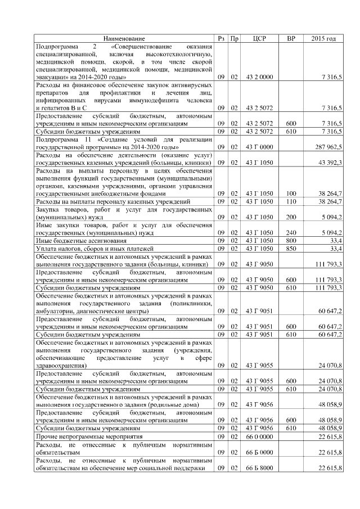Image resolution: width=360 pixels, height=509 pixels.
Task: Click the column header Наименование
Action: pyautogui.click(x=124, y=38)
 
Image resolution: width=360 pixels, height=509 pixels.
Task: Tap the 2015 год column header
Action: pyautogui.click(x=323, y=38)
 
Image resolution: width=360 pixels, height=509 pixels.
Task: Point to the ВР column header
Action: pyautogui.click(x=291, y=38)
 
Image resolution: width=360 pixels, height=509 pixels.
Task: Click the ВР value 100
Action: pyautogui.click(x=291, y=193)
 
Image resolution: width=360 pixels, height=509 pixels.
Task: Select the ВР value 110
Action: pyautogui.click(x=291, y=201)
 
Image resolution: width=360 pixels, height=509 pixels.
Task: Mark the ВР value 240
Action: pyautogui.click(x=291, y=232)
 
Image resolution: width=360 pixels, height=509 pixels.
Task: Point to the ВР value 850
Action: pyautogui.click(x=291, y=247)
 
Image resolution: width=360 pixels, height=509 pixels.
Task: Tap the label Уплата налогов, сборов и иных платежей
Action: pyautogui.click(x=89, y=247)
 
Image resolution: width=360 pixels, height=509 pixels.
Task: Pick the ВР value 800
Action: pyautogui.click(x=291, y=240)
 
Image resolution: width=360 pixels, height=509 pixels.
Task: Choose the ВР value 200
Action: pyautogui.click(x=291, y=217)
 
